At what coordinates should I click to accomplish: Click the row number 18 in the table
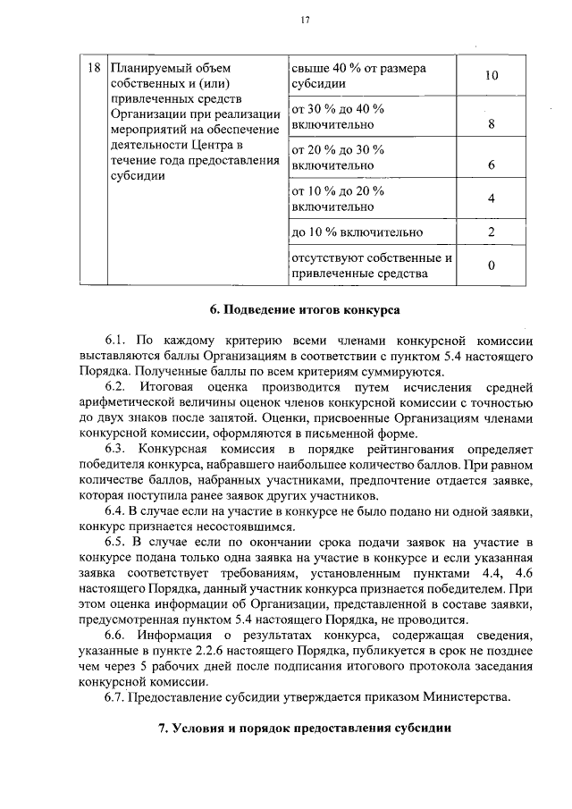[91, 69]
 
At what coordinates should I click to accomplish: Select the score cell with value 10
[491, 76]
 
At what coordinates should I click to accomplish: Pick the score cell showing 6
[491, 165]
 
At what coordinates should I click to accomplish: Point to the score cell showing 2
[491, 232]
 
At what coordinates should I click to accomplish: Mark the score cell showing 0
[491, 265]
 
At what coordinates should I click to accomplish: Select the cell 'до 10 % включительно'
[357, 233]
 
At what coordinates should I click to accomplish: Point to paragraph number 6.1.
[117, 341]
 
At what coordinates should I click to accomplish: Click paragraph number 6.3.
[117, 448]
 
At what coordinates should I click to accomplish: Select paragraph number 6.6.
[117, 635]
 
